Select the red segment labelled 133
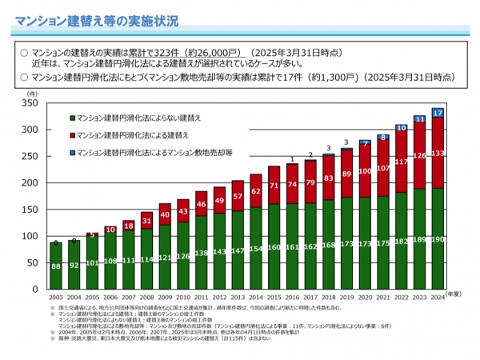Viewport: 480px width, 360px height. [438, 153]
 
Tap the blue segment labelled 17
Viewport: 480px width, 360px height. [438, 113]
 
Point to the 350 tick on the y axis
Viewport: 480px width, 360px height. [31, 103]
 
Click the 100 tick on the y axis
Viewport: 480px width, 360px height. [31, 237]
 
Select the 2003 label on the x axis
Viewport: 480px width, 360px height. [55, 298]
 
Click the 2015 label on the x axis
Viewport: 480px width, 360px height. [274, 298]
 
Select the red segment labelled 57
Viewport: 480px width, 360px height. [238, 196]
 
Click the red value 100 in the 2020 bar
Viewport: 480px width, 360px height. [365, 171]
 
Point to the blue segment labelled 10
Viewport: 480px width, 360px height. [401, 127]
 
